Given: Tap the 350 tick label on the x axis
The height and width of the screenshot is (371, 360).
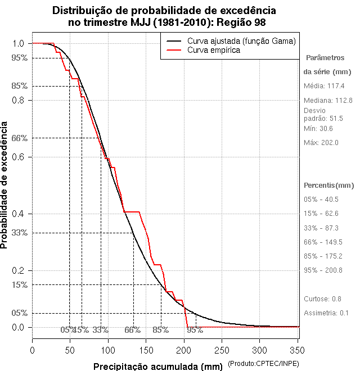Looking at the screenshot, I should tap(298, 349).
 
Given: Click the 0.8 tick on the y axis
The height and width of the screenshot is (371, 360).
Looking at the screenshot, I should tap(19, 100).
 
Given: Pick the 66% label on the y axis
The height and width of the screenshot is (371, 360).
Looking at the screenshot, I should tap(19, 138).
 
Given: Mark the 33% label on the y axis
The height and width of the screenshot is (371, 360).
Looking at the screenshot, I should tap(19, 233).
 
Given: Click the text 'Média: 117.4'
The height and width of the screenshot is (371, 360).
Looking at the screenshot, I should tap(324, 86).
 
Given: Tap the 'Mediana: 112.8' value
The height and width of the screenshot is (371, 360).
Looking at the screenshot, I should tap(328, 100).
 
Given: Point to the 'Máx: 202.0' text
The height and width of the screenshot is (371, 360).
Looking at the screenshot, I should tap(321, 143).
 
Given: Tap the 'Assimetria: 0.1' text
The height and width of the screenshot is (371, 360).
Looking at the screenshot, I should tap(327, 313).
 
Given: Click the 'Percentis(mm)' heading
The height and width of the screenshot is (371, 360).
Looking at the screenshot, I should tap(329, 185).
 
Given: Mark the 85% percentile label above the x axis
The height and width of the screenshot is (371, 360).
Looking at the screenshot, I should tap(160, 330).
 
